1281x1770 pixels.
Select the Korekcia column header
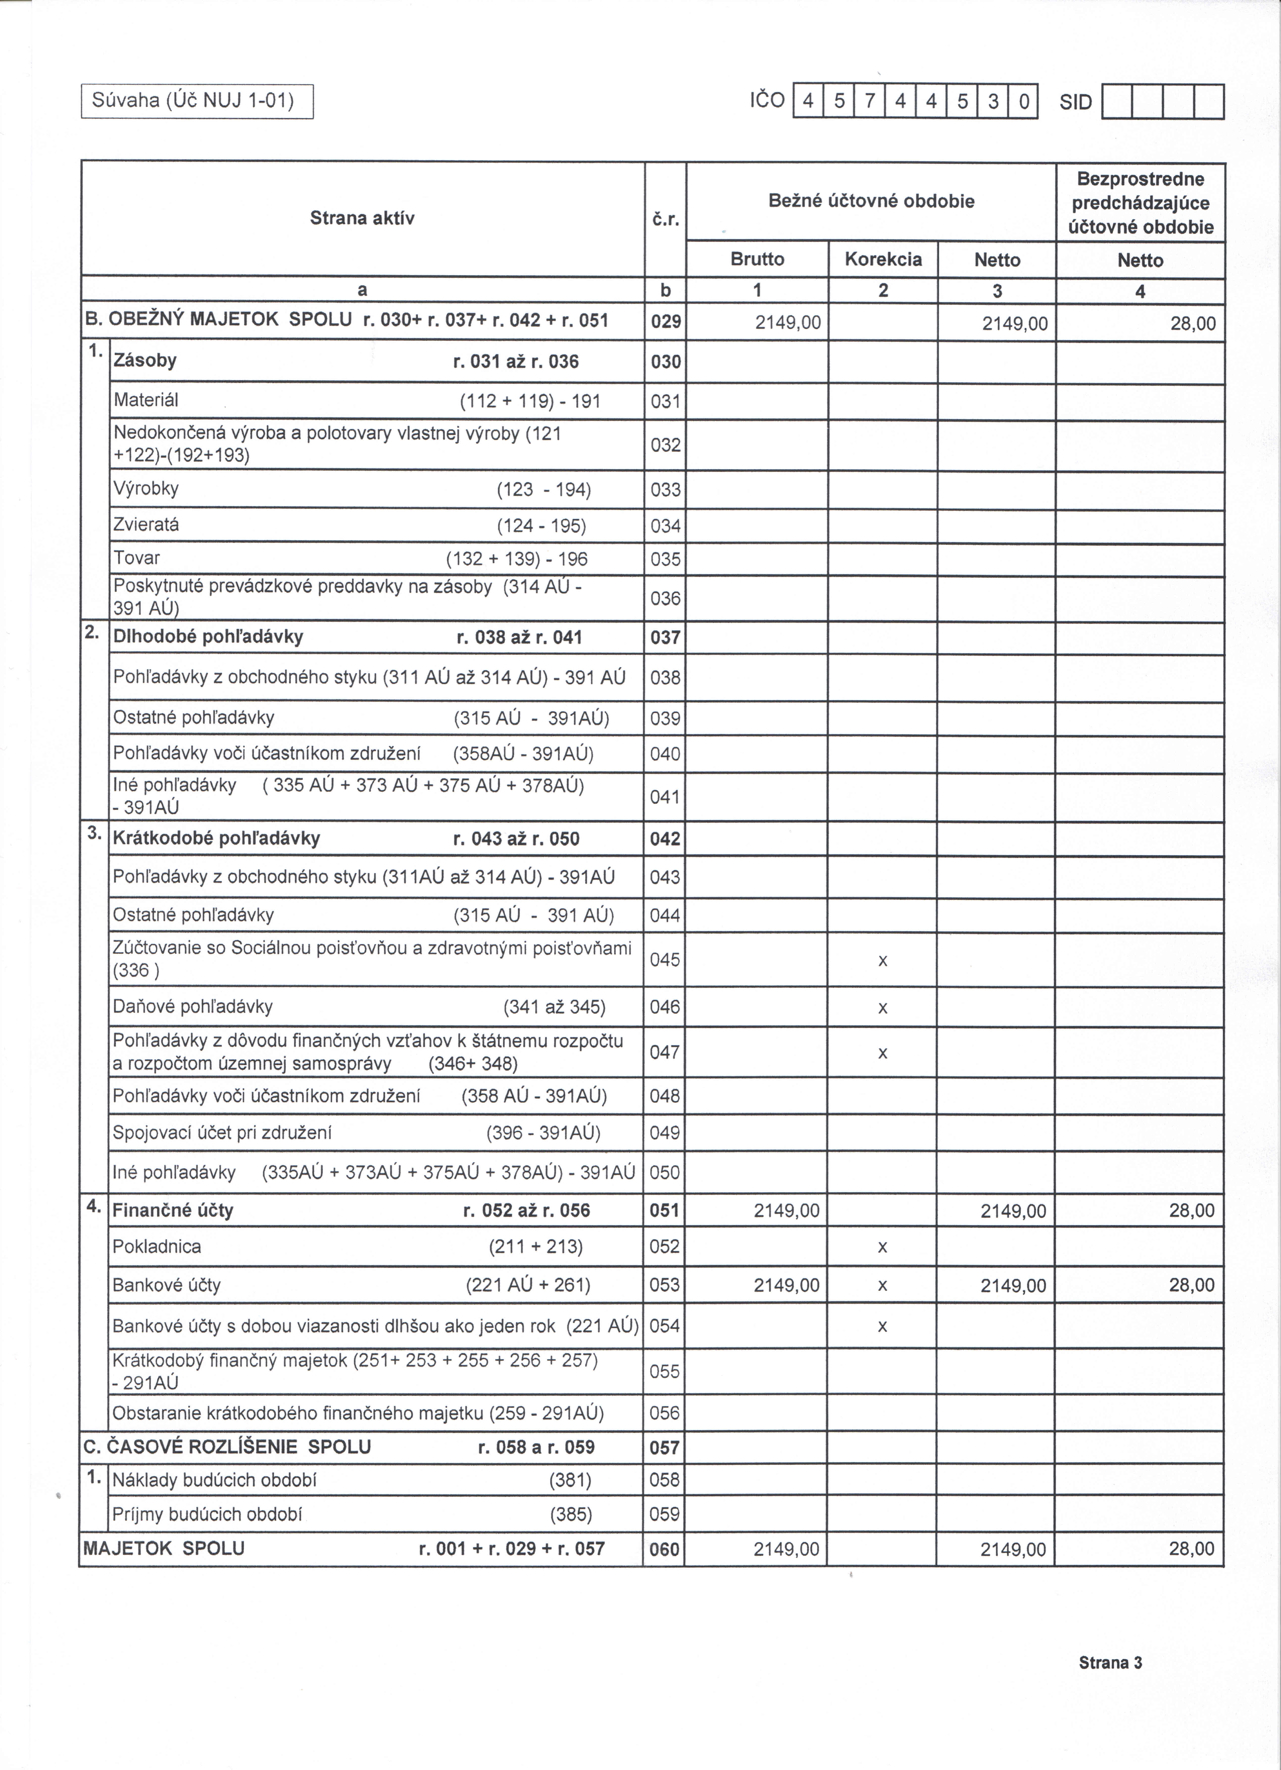coord(883,259)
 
